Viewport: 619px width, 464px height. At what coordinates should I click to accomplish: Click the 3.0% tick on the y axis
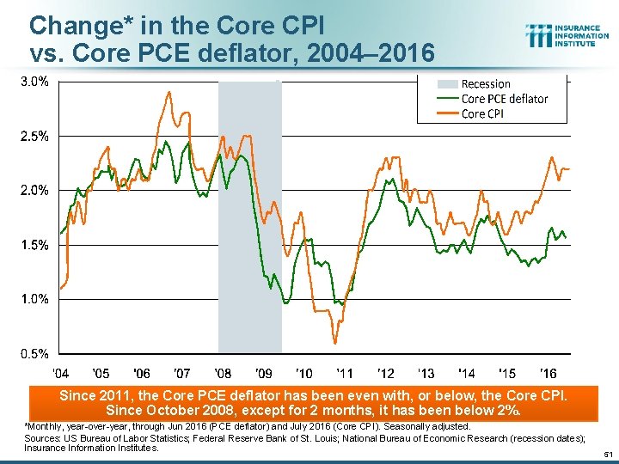(x=35, y=82)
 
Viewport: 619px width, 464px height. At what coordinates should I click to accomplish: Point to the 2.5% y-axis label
(x=35, y=136)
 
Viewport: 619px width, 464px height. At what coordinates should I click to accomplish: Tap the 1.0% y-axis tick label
(x=35, y=299)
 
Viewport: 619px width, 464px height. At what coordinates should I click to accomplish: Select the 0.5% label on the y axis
(x=35, y=353)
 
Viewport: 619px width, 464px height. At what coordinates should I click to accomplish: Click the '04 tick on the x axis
(x=61, y=373)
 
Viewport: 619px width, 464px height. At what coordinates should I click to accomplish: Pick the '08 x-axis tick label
(x=223, y=373)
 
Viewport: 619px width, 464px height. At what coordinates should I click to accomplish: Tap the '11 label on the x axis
(x=344, y=373)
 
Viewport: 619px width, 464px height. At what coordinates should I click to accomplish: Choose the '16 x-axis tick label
(x=547, y=373)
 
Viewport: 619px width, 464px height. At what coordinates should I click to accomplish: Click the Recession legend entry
(x=485, y=84)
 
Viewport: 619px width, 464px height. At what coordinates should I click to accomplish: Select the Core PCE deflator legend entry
(x=504, y=99)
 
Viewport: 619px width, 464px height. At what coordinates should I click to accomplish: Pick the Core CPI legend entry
(x=482, y=113)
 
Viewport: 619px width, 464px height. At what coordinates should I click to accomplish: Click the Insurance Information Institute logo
(x=567, y=35)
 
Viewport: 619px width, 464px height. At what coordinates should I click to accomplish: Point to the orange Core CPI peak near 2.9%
(x=169, y=92)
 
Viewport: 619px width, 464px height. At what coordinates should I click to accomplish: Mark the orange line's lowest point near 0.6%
(x=334, y=343)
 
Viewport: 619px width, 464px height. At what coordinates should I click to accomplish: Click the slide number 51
(x=605, y=453)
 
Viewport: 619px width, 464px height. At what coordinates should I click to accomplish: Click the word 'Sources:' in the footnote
(x=44, y=437)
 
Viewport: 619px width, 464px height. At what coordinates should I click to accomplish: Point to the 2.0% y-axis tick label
(x=35, y=190)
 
